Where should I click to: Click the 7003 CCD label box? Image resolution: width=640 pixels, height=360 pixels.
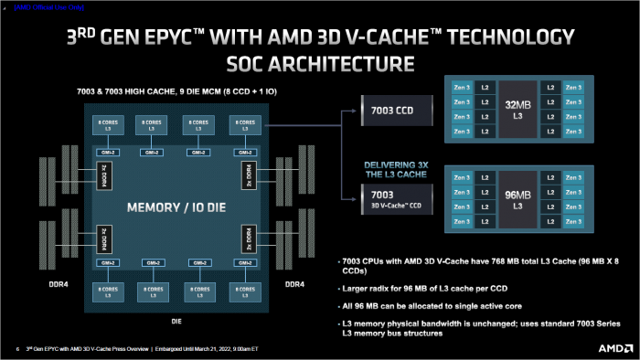(x=394, y=111)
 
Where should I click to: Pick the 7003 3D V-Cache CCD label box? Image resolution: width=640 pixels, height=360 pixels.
(x=394, y=199)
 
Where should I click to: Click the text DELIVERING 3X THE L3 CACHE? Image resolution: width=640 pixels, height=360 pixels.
(x=394, y=169)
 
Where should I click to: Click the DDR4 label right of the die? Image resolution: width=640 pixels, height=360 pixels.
(x=293, y=284)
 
